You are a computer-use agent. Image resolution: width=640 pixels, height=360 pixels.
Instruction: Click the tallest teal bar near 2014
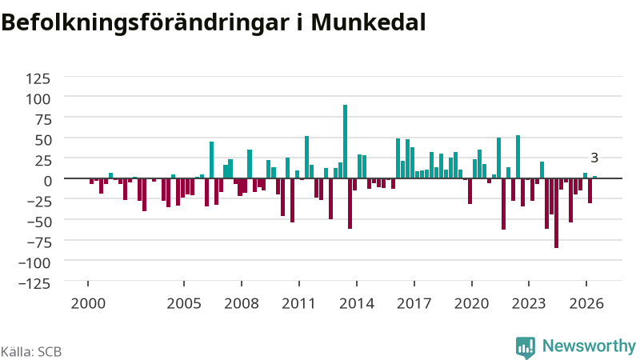pos(345,142)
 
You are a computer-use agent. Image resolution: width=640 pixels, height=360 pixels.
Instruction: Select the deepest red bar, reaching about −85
pos(556,213)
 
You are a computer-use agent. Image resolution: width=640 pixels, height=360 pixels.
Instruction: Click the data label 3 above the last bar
pos(594,158)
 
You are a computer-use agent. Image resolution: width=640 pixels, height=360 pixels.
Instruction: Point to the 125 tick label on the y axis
pos(38,78)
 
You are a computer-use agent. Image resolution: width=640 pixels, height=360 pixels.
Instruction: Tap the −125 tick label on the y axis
pos(34,283)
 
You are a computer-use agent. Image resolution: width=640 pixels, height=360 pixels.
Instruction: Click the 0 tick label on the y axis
pos(48,181)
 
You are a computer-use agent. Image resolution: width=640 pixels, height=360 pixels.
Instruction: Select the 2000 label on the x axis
pos(88,304)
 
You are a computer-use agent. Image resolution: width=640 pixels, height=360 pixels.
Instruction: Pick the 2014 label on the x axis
pos(357,304)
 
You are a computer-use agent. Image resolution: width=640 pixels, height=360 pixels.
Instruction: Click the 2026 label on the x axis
pos(586,304)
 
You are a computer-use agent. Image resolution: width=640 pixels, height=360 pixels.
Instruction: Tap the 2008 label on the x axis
pos(242,304)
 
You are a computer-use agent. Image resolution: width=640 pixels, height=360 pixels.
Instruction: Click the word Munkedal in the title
pos(369,22)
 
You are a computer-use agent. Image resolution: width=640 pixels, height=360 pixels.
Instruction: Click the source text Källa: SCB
pos(31,352)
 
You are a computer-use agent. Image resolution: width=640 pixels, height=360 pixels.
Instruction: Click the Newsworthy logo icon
pos(526,348)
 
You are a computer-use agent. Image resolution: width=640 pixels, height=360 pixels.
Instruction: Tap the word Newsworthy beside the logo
pos(589,346)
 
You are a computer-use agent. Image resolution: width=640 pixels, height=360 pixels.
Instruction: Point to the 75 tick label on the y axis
pos(44,119)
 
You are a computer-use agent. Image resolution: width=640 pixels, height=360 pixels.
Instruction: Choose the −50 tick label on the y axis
pos(39,222)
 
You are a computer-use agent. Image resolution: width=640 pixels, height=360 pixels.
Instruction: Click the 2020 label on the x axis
pos(471,304)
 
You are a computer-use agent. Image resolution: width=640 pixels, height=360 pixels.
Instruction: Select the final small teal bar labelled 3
pos(594,177)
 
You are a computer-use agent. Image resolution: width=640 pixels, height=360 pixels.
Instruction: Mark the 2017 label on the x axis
pos(414,304)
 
